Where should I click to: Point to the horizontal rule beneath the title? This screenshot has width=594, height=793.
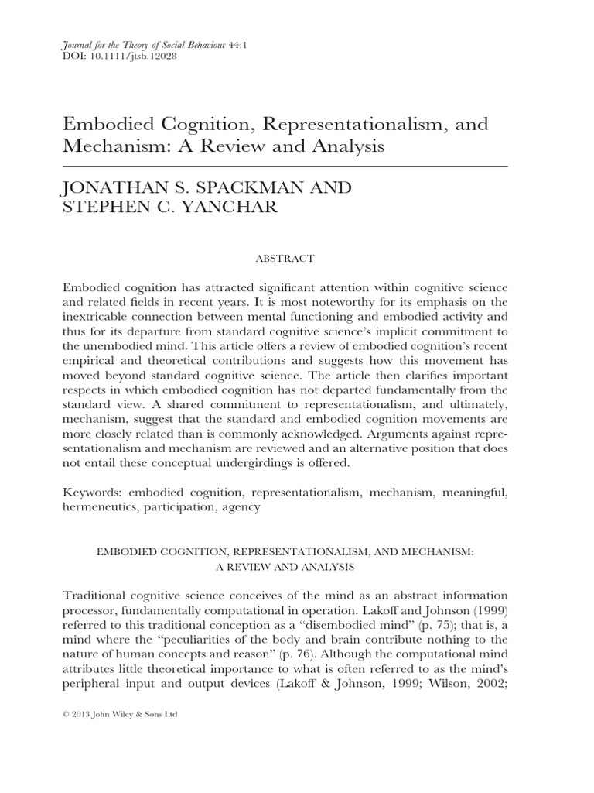click(x=285, y=166)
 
